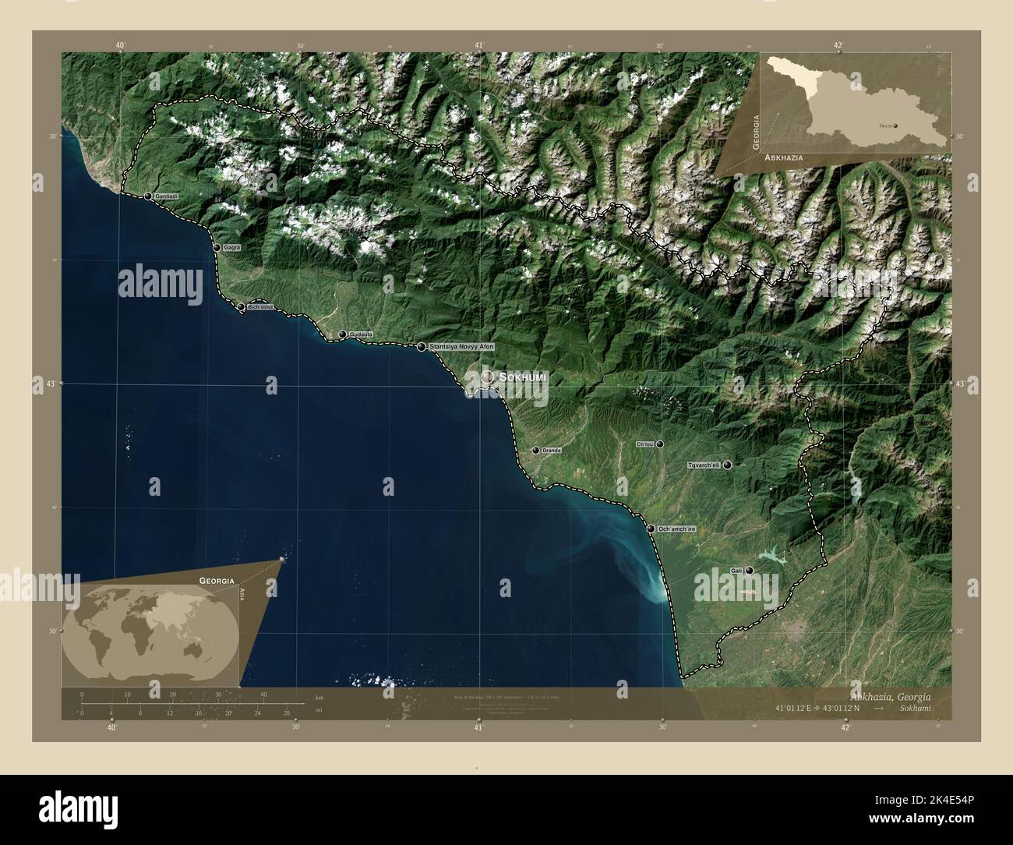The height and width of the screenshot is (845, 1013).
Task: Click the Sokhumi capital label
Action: pyautogui.click(x=523, y=377)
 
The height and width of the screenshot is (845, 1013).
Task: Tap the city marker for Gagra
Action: pyautogui.click(x=217, y=247)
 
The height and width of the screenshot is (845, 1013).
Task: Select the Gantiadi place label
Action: pyautogui.click(x=167, y=196)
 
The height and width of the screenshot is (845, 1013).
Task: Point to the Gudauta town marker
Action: pyautogui.click(x=341, y=334)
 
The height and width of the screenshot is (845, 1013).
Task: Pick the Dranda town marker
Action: pyautogui.click(x=535, y=451)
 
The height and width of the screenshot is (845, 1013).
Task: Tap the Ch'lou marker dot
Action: pyautogui.click(x=660, y=444)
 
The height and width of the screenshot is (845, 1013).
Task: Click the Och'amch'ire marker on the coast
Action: pyautogui.click(x=650, y=529)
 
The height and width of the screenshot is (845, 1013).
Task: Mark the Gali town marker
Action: pyautogui.click(x=749, y=571)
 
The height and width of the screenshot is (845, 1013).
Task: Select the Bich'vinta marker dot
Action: pyautogui.click(x=241, y=307)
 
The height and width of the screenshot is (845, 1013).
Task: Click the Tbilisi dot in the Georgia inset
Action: pyautogui.click(x=895, y=125)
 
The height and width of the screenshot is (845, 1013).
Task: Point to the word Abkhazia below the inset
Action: pyautogui.click(x=784, y=157)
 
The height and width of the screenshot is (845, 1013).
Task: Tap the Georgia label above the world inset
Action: pyautogui.click(x=217, y=581)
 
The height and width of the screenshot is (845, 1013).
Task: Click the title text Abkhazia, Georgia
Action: pyautogui.click(x=891, y=697)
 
